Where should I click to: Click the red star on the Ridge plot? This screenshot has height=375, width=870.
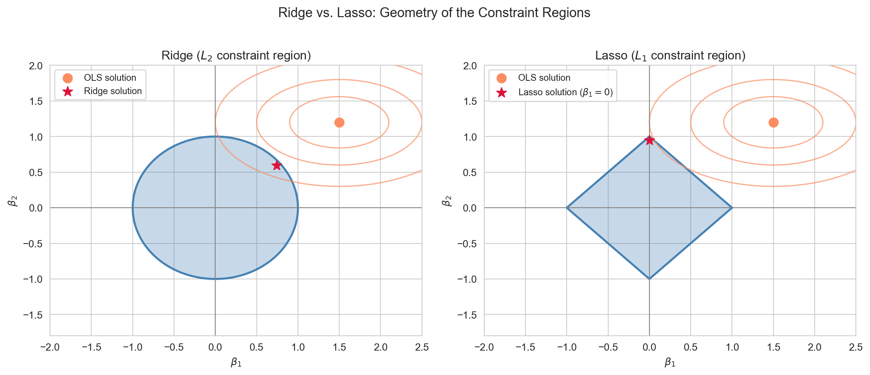tap(277, 165)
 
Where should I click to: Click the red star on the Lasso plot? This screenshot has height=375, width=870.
tap(649, 140)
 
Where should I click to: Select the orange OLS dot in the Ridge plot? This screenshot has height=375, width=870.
tap(339, 122)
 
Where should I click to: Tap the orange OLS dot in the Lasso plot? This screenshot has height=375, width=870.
tap(773, 122)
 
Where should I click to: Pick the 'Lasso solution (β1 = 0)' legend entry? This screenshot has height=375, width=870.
tap(553, 92)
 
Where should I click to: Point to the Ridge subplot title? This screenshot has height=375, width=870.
tap(236, 56)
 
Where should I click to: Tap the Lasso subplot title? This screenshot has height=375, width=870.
tap(670, 56)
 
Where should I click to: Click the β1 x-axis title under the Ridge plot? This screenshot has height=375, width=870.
tap(236, 362)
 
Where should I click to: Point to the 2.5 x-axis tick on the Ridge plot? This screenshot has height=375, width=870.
tap(422, 347)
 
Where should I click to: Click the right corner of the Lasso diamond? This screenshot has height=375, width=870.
tap(732, 208)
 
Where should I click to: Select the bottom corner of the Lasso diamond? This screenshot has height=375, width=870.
tap(649, 279)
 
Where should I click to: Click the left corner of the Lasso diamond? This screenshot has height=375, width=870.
tap(567, 208)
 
